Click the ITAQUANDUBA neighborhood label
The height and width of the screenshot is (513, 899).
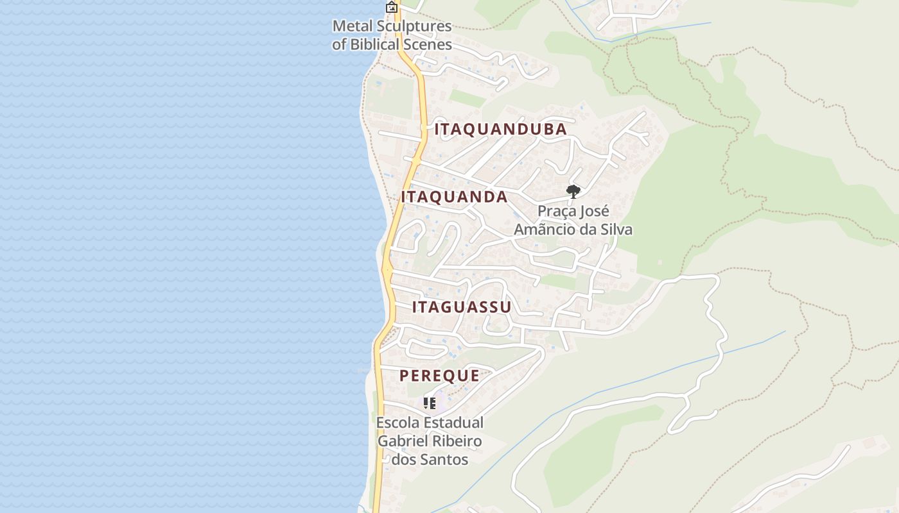tap(500, 130)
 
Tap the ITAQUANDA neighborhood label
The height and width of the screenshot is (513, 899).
tap(454, 197)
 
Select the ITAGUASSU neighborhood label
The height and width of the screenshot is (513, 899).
tap(462, 307)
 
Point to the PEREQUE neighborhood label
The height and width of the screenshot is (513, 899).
tap(439, 376)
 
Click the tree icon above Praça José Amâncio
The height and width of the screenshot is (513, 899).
tap(573, 191)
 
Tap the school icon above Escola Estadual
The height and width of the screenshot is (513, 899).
tap(430, 403)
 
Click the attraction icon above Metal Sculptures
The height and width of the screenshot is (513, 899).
tap(391, 7)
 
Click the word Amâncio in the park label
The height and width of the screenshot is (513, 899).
tap(545, 230)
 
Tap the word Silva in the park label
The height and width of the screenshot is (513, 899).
tap(616, 230)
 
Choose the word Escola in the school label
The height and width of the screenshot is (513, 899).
tap(397, 423)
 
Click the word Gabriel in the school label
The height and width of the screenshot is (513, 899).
tap(401, 442)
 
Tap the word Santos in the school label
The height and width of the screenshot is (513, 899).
tap(444, 460)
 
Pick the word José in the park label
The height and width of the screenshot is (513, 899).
tap(595, 211)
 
